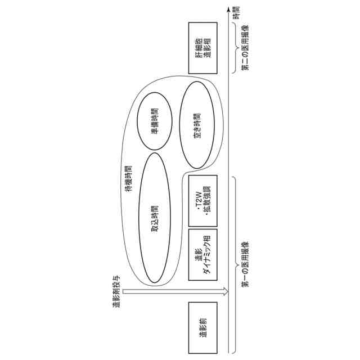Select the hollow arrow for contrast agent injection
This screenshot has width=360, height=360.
(x=174, y=291)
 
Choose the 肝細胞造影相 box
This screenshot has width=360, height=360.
(x=202, y=47)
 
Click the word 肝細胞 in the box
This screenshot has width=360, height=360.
(x=197, y=47)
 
